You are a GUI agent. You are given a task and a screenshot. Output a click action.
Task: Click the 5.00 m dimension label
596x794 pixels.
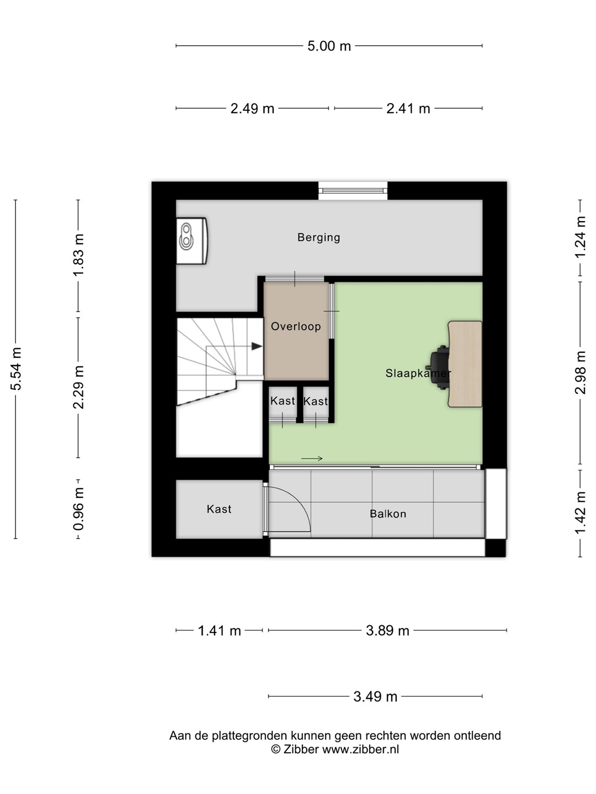pyautogui.click(x=329, y=46)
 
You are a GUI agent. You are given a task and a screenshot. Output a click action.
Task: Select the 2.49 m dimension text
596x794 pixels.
pyautogui.click(x=252, y=109)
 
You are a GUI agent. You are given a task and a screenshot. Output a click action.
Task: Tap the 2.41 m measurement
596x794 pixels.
pyautogui.click(x=408, y=109)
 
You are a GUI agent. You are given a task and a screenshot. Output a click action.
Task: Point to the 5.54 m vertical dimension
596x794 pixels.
pyautogui.click(x=16, y=369)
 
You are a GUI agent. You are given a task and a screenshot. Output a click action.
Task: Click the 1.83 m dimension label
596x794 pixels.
pyautogui.click(x=78, y=255)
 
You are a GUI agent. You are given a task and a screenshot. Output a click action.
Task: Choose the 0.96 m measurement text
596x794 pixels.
pyautogui.click(x=78, y=508)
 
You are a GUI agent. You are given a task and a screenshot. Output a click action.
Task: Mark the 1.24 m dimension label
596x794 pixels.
pyautogui.click(x=580, y=237)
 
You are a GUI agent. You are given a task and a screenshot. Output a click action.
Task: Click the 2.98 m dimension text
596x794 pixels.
pyautogui.click(x=580, y=372)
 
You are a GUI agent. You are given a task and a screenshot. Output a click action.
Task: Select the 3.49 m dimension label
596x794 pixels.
pyautogui.click(x=375, y=696)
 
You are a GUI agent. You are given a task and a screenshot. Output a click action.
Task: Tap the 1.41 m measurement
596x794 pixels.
pyautogui.click(x=219, y=630)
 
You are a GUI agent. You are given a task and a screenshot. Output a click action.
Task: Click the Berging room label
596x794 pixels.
pyautogui.click(x=319, y=238)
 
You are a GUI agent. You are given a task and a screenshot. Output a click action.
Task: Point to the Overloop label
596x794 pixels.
pyautogui.click(x=296, y=326)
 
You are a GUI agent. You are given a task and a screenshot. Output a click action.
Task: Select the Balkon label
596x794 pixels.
pyautogui.click(x=388, y=514)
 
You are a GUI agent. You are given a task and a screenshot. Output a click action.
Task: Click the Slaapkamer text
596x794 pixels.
pyautogui.click(x=418, y=373)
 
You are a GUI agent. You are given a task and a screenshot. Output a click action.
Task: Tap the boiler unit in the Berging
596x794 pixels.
pyautogui.click(x=192, y=240)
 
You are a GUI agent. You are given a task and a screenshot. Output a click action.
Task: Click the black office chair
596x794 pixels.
pyautogui.click(x=440, y=368)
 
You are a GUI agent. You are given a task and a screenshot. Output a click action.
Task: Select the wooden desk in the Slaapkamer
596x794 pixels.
pyautogui.click(x=465, y=364)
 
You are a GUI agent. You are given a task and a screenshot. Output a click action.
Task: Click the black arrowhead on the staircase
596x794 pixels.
pyautogui.click(x=257, y=346)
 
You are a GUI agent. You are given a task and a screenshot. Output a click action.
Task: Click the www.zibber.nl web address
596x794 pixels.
pyautogui.click(x=360, y=749)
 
